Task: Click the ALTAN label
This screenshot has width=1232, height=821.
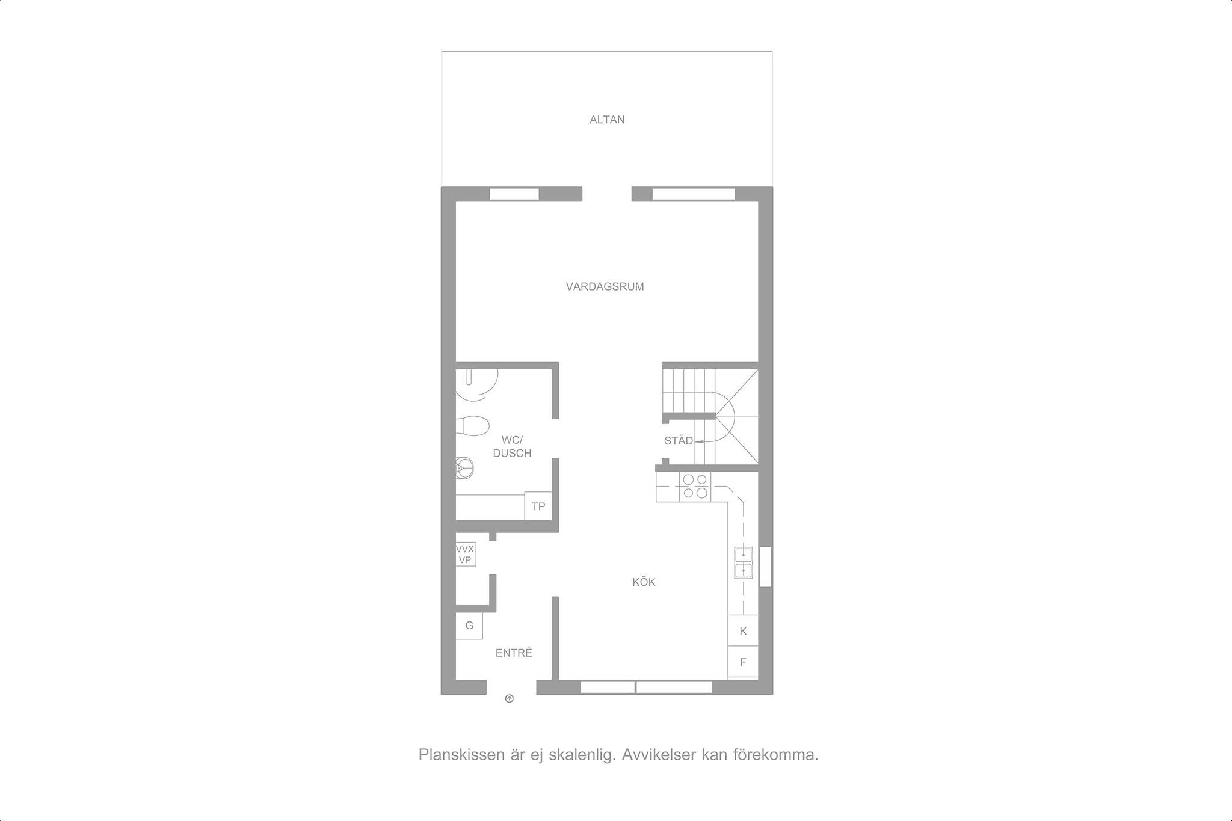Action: point(607,120)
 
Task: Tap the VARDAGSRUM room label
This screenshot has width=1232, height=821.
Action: point(605,287)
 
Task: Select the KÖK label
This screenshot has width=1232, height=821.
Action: point(644,582)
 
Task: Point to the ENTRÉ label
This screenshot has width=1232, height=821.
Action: point(514,653)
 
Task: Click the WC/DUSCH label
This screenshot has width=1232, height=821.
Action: point(512,446)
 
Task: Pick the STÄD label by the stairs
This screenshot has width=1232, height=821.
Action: point(679,441)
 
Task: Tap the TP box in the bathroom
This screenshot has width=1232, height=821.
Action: point(538,506)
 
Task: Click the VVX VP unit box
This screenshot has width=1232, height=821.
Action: point(465,554)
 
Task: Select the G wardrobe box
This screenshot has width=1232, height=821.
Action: point(469,626)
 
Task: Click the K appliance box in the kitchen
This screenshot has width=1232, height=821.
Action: point(743,631)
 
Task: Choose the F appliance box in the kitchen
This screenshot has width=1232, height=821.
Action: point(743,662)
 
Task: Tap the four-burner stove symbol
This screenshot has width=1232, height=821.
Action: point(695,487)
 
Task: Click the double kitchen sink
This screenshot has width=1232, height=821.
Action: point(744,563)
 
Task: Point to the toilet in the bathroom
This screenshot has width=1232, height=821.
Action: point(472,426)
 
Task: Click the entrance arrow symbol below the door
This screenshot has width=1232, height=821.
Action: point(510,698)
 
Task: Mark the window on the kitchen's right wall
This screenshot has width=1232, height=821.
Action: point(765,566)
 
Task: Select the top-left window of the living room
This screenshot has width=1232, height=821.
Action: point(514,194)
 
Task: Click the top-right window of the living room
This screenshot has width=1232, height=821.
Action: point(694,194)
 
